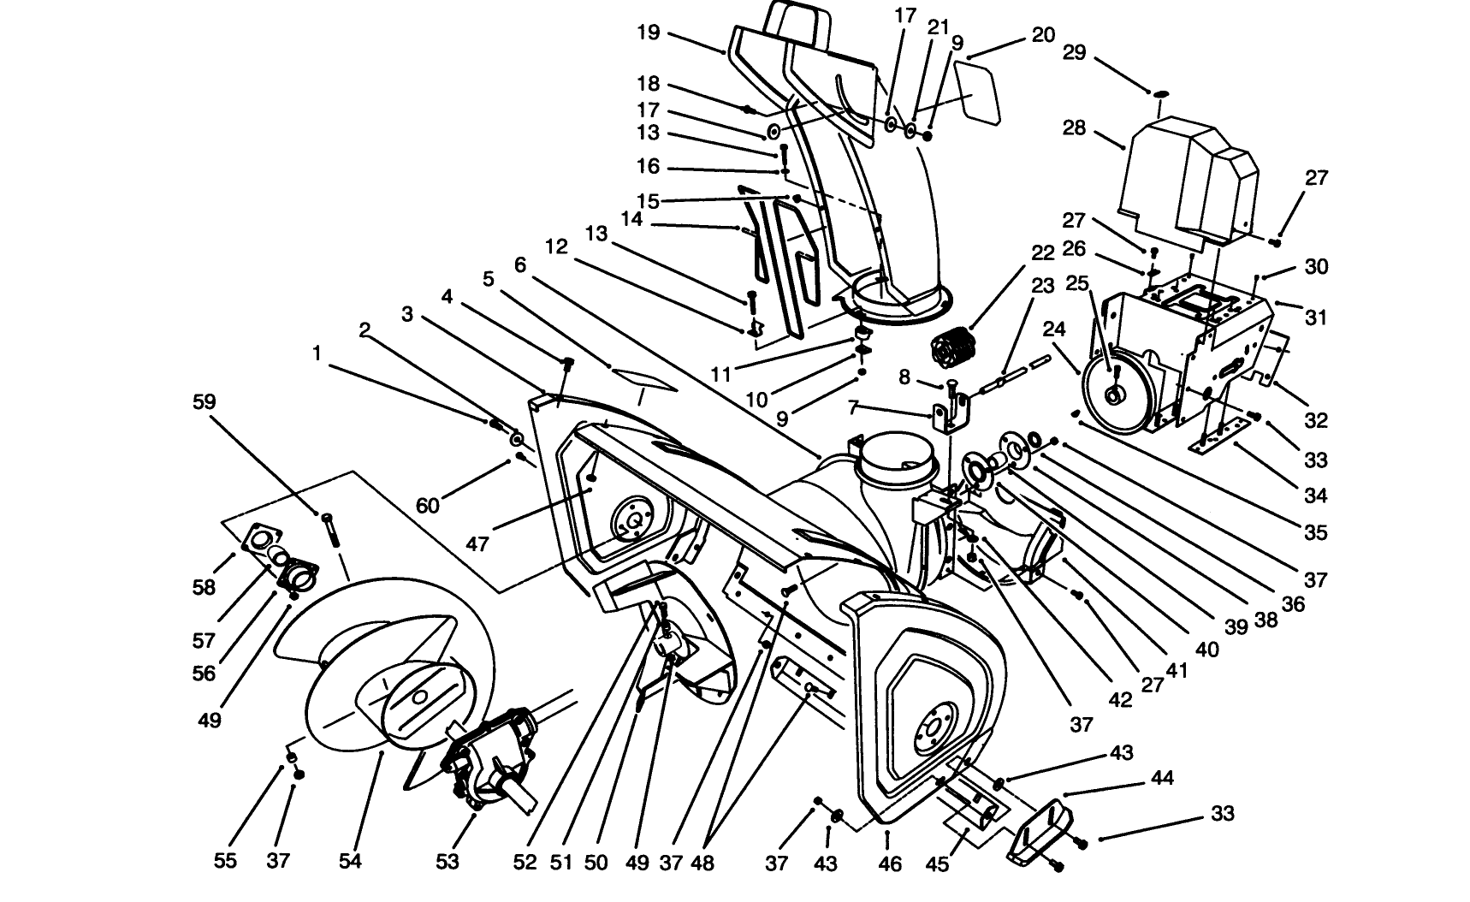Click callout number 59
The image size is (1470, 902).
(x=204, y=401)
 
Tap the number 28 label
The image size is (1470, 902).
(x=1074, y=128)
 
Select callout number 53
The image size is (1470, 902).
(x=448, y=862)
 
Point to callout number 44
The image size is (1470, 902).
(x=1161, y=778)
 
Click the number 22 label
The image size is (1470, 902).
(x=1042, y=252)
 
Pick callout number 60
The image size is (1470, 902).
(x=427, y=506)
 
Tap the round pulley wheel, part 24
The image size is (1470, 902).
(x=1112, y=393)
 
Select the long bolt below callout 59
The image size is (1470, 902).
(x=331, y=533)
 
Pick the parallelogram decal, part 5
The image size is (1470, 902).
(x=644, y=379)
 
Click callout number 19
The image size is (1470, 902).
(x=649, y=33)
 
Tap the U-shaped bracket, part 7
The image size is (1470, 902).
(x=948, y=412)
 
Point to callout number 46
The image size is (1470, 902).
(x=890, y=863)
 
